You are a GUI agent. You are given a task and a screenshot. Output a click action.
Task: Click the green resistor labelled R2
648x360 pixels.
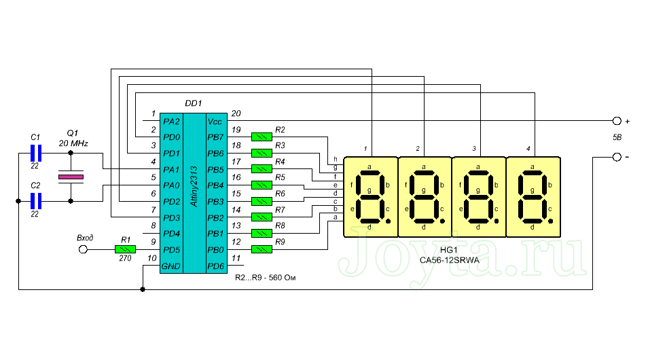point(262,137)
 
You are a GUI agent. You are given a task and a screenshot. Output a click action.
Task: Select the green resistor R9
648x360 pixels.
point(262,250)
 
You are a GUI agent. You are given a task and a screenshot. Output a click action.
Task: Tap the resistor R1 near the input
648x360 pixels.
point(125,250)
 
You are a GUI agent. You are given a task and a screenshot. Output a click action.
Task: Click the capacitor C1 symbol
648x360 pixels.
point(37,154)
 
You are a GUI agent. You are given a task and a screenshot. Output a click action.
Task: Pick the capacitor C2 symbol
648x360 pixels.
point(37,201)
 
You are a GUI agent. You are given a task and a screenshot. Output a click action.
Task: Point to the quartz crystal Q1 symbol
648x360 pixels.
point(71,177)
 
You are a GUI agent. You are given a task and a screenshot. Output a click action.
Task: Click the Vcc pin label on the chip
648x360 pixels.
point(215,121)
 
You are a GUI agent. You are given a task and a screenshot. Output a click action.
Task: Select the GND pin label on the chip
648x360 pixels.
point(171,266)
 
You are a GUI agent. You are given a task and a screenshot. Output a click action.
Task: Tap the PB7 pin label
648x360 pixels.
point(215,137)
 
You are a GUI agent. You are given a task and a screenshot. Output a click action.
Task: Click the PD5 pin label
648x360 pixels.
point(171,250)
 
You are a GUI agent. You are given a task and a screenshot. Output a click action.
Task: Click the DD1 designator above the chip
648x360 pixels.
point(194,103)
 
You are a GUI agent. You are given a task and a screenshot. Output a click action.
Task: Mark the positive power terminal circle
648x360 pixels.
point(617,121)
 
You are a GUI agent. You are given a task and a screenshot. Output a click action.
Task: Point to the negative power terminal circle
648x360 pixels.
point(617,158)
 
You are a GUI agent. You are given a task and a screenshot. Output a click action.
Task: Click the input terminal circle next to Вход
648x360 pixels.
point(84,250)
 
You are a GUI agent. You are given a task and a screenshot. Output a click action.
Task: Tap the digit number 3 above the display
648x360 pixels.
point(473,148)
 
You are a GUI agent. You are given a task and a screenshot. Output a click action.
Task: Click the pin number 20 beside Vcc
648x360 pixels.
point(236,113)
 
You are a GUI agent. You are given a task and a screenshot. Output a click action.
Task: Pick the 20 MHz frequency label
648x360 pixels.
point(73,144)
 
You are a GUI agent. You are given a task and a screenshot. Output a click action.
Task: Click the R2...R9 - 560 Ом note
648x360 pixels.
point(267,278)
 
